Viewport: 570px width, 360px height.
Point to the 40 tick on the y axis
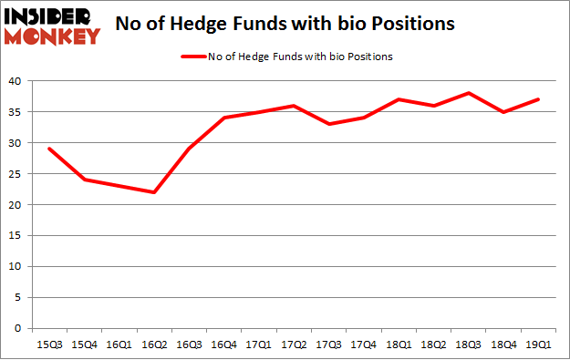[16, 81]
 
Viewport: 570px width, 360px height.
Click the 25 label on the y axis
[16, 174]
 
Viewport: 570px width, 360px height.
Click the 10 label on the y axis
[16, 267]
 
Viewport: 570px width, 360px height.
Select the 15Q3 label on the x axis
[48, 345]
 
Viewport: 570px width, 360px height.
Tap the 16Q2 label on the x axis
[155, 345]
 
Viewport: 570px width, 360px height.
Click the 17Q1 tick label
[262, 345]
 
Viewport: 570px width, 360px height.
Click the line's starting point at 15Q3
[48, 149]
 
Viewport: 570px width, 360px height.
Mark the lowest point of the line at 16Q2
[155, 192]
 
